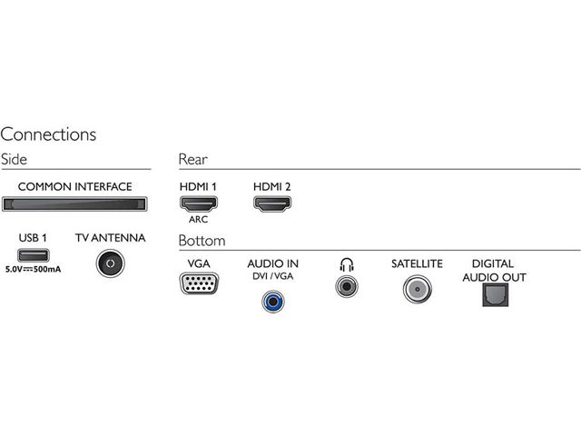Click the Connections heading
48,134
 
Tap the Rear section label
192,159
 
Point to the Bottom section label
202,241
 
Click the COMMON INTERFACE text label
74,187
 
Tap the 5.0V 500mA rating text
33,271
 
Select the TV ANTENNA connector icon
110,263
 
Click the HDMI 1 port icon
198,204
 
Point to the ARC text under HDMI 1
198,220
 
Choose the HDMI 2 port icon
271,204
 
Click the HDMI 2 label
271,186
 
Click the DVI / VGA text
272,276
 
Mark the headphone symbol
345,264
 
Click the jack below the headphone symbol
345,286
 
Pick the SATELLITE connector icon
417,288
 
